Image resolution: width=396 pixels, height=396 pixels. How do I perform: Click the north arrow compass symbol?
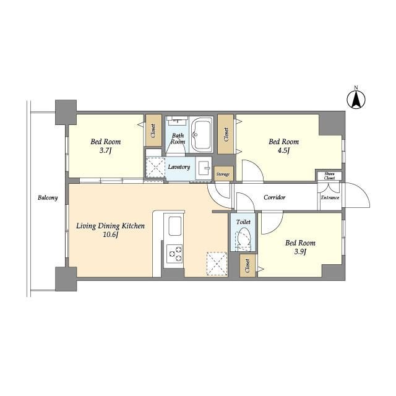(x=356, y=100)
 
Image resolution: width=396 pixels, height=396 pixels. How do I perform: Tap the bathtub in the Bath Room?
(x=202, y=135)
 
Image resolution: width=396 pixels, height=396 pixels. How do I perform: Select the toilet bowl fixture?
(x=243, y=239)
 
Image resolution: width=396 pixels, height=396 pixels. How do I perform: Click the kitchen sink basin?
(x=174, y=226)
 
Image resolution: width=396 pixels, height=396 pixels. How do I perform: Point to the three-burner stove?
(x=174, y=254)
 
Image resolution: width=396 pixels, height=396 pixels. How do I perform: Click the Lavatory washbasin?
(x=204, y=168)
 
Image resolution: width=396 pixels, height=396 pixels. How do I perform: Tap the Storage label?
(x=223, y=174)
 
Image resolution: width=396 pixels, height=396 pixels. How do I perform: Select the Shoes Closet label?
(x=330, y=176)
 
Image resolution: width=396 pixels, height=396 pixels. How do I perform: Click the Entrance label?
(x=330, y=198)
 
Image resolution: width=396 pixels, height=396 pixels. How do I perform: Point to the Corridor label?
(x=275, y=197)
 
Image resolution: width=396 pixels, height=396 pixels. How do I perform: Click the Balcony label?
(x=48, y=197)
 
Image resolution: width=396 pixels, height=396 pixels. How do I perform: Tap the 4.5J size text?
(x=283, y=150)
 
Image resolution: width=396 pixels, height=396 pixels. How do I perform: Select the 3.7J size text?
(x=106, y=150)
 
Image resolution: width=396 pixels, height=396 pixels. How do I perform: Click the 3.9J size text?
(x=300, y=252)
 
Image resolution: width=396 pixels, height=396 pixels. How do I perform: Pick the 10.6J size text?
(x=111, y=235)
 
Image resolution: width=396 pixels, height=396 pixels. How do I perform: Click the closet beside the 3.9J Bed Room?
(x=247, y=265)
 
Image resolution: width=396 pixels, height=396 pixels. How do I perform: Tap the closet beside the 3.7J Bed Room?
(x=153, y=131)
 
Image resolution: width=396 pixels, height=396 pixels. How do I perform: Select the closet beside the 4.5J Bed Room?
(x=225, y=134)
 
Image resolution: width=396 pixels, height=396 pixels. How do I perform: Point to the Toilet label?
(x=243, y=222)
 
